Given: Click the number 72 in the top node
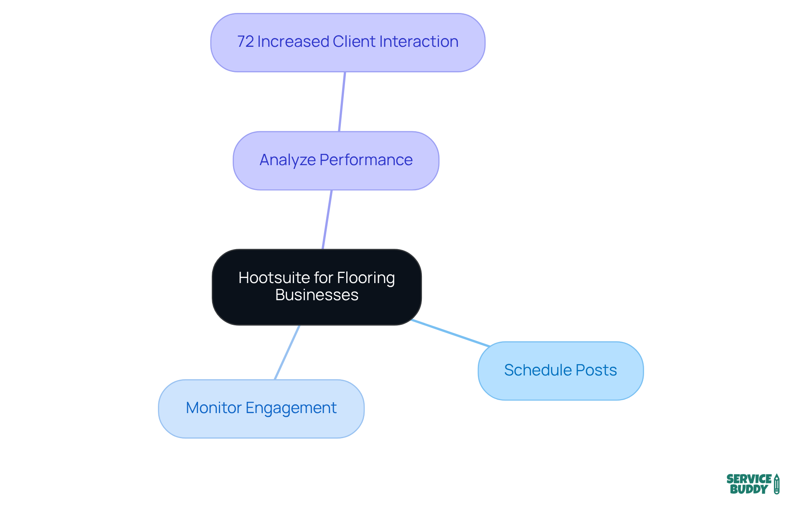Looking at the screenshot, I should (x=245, y=42).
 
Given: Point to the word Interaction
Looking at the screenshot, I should (x=419, y=42).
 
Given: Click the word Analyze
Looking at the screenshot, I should (x=287, y=160).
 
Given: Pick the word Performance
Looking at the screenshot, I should (x=366, y=160).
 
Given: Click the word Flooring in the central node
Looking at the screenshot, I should (x=366, y=278).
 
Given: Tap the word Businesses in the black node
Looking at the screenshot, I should (x=317, y=295).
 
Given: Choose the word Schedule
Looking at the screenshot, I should (x=538, y=370).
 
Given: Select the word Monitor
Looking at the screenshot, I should (x=213, y=408).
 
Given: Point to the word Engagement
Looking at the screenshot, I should (x=291, y=408).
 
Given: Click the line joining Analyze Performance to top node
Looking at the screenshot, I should (x=342, y=102).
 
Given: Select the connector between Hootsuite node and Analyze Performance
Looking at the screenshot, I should (x=327, y=220).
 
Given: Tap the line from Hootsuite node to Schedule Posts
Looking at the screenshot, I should (x=450, y=333).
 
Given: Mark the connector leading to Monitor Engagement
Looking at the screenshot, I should (x=287, y=352).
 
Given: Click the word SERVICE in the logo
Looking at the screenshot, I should (x=749, y=479).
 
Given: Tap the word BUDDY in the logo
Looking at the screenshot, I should (x=749, y=490).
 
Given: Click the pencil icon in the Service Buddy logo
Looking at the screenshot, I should (x=777, y=484).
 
